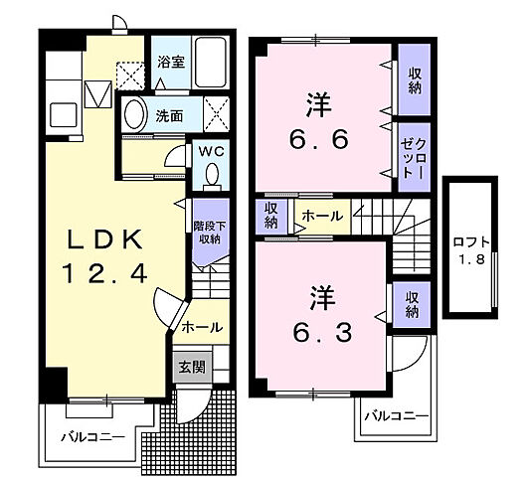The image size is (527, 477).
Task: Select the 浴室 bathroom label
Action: click(171, 62)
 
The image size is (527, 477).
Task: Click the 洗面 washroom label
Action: click(168, 115)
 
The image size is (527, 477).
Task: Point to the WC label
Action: click(210, 151)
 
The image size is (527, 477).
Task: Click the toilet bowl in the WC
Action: click(210, 177)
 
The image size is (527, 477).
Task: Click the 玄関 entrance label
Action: click(191, 368)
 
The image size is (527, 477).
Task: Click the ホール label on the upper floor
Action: click(322, 216)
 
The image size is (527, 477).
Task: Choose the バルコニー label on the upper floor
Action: click(395, 415)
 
